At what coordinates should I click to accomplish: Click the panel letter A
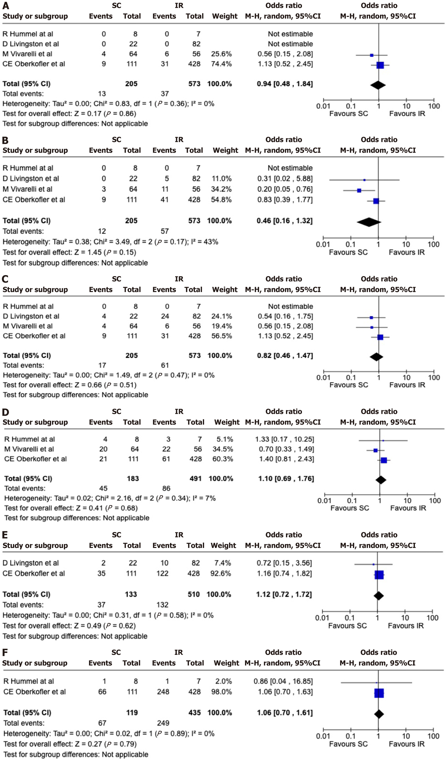click(5, 6)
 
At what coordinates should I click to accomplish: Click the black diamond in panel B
click(369, 222)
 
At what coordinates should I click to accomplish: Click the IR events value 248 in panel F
click(163, 691)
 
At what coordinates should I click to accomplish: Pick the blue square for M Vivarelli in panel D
click(375, 450)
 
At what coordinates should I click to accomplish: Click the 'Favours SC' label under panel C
click(349, 385)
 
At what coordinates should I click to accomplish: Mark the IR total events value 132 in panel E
click(162, 605)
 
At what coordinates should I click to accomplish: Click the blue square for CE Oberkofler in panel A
click(380, 65)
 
